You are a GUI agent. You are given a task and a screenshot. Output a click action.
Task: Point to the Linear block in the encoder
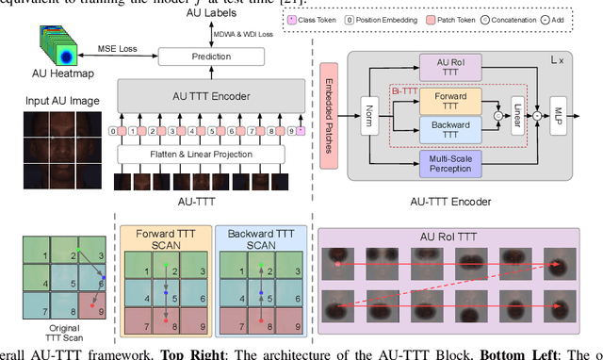516,114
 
